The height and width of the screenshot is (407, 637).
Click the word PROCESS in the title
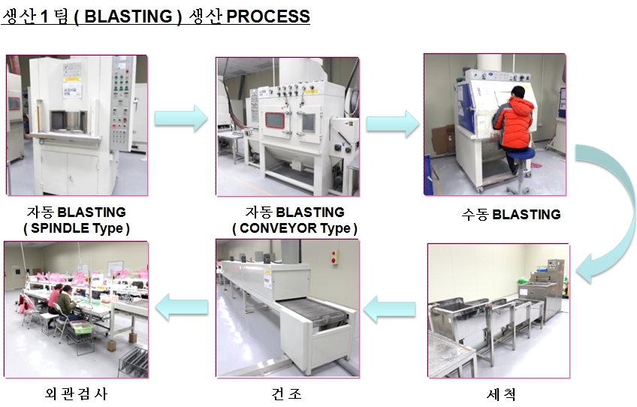pyautogui.click(x=268, y=17)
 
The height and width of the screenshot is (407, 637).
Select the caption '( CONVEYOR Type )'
pyautogui.click(x=294, y=228)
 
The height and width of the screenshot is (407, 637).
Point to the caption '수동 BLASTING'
pyautogui.click(x=511, y=214)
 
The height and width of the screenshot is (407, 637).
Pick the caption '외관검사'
pyautogui.click(x=77, y=394)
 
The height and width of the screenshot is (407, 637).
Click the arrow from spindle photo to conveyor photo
pyautogui.click(x=180, y=118)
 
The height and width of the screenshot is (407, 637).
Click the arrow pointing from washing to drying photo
pyautogui.click(x=389, y=306)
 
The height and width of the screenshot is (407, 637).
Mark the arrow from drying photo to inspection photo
pyautogui.click(x=182, y=306)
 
